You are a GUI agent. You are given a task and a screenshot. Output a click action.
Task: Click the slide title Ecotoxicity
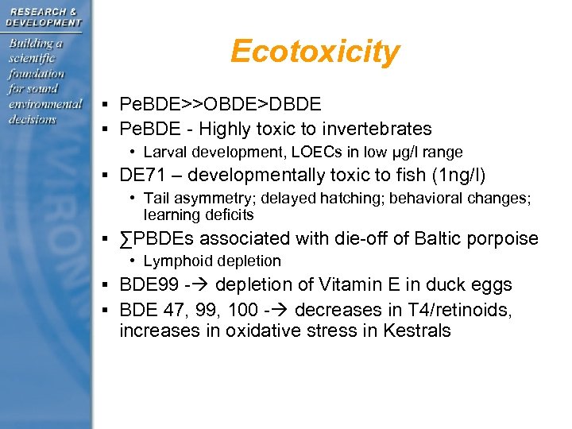point(315,52)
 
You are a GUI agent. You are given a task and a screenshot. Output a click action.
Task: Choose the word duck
point(450,284)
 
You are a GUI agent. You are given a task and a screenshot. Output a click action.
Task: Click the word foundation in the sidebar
point(37,73)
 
